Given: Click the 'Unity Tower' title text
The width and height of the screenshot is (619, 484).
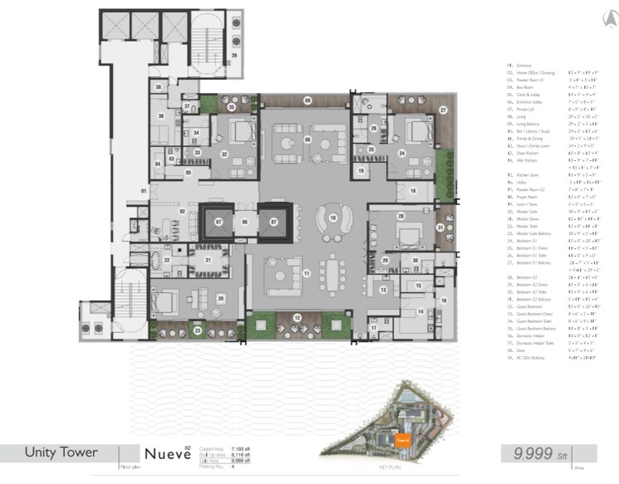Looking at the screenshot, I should (x=61, y=452).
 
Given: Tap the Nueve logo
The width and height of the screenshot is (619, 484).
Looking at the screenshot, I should (x=169, y=453).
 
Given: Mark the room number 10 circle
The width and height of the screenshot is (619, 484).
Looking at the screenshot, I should (x=333, y=218).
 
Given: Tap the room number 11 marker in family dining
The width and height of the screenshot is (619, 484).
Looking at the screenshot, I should (x=306, y=272).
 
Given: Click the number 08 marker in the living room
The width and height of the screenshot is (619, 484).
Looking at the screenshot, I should (x=307, y=139).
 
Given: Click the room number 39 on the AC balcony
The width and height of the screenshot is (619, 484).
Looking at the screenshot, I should (x=235, y=55).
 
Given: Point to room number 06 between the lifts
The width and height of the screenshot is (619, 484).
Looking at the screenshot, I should (x=245, y=222).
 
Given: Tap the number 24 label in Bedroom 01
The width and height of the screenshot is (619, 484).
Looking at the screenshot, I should (x=401, y=153).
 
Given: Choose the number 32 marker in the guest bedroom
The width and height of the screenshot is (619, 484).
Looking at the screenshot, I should (x=224, y=154).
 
